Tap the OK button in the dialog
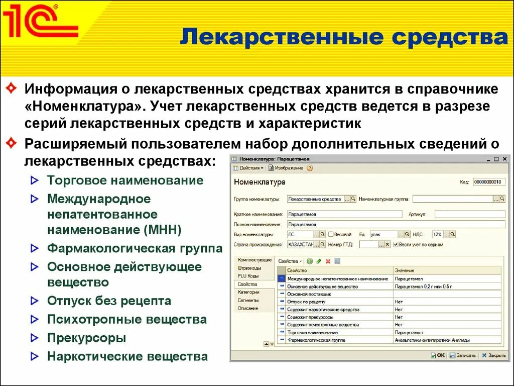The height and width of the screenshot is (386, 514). pyautogui.click(x=438, y=355)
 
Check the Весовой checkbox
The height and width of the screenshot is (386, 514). pyautogui.click(x=331, y=234)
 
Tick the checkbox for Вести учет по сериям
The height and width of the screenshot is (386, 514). pyautogui.click(x=396, y=244)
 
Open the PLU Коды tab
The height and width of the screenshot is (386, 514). pyautogui.click(x=248, y=276)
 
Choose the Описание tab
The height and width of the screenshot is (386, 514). pyautogui.click(x=248, y=308)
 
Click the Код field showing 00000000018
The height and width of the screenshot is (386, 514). pyautogui.click(x=489, y=182)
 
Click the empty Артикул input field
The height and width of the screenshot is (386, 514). pyautogui.click(x=469, y=214)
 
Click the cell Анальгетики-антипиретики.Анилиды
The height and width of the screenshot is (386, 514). pyautogui.click(x=432, y=340)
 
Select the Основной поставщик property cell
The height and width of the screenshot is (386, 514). pyautogui.click(x=339, y=294)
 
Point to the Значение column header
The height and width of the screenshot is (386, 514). pyautogui.click(x=405, y=270)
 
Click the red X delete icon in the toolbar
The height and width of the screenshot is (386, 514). pyautogui.click(x=328, y=261)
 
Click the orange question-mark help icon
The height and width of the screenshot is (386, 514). pyautogui.click(x=309, y=168)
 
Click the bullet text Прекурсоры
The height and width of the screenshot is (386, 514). pyautogui.click(x=86, y=338)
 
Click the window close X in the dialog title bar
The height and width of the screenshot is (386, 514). pyautogui.click(x=503, y=159)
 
